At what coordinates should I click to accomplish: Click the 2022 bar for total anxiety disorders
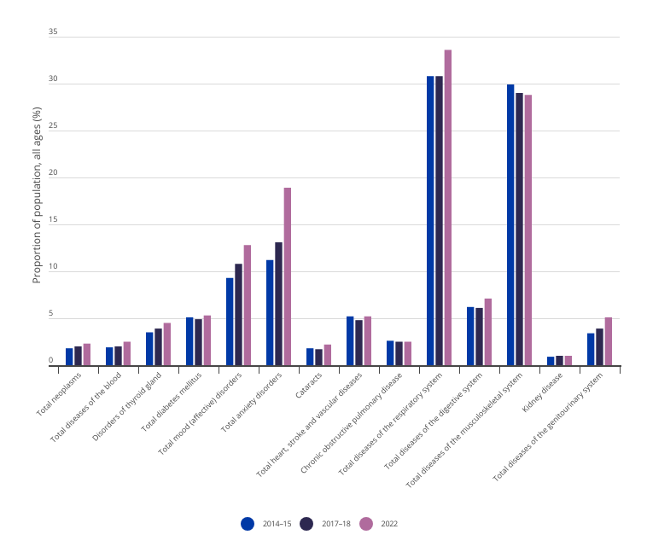(287, 276)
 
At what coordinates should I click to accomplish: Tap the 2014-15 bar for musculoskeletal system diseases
(510, 225)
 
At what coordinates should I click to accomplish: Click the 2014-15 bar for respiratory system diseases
(431, 221)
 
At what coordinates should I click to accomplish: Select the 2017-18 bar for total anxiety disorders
(278, 304)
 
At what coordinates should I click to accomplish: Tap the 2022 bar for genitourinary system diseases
(608, 340)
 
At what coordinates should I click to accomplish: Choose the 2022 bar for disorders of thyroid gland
(166, 344)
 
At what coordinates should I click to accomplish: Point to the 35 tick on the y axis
(53, 32)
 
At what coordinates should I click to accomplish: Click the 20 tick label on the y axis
(53, 173)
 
